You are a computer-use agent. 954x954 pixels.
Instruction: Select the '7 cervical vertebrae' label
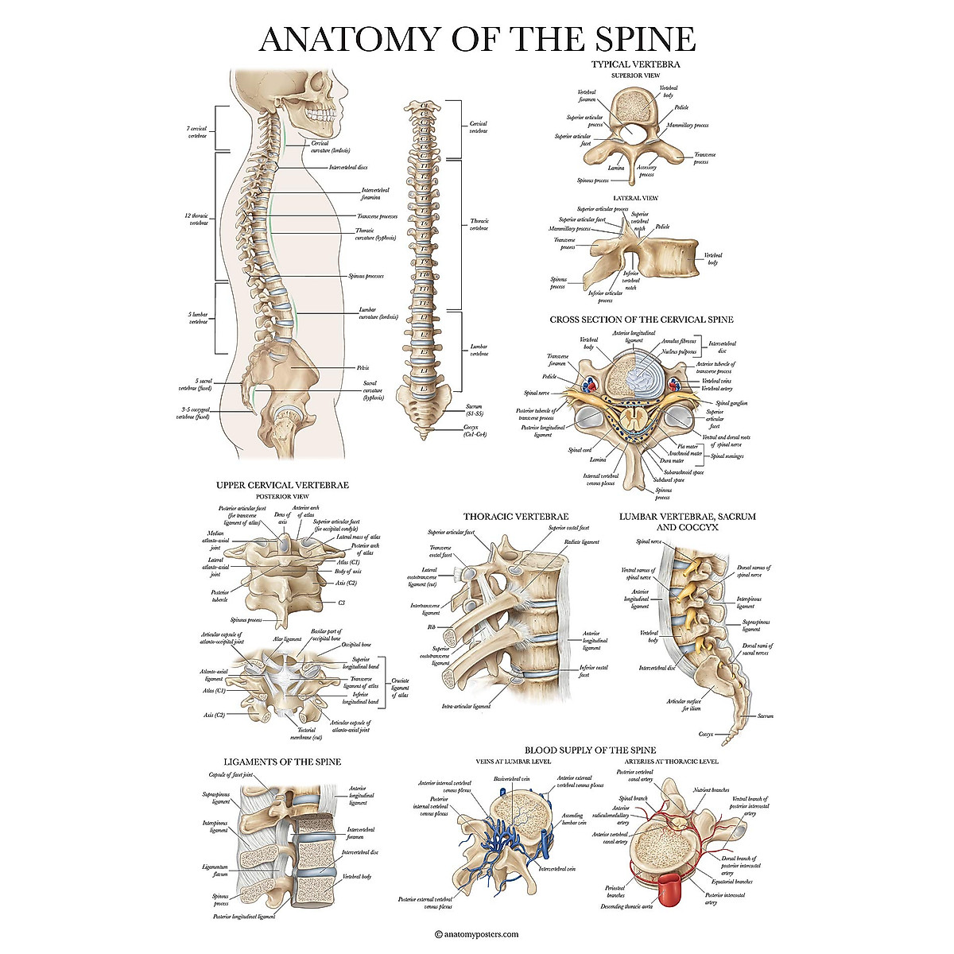pyautogui.click(x=197, y=132)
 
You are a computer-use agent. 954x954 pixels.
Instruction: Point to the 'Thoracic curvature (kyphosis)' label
pyautogui.click(x=375, y=234)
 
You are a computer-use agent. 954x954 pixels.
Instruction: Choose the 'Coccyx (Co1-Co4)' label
pyautogui.click(x=475, y=430)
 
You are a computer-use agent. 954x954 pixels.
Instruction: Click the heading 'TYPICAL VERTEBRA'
pyautogui.click(x=635, y=64)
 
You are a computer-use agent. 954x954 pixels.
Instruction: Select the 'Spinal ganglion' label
pyautogui.click(x=731, y=404)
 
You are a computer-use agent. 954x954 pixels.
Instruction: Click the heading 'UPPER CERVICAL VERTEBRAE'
pyautogui.click(x=282, y=485)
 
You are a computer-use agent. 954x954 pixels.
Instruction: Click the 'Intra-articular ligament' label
pyautogui.click(x=466, y=706)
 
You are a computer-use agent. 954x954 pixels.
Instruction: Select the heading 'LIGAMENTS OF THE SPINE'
pyautogui.click(x=282, y=762)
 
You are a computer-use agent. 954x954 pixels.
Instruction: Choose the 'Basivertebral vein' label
pyautogui.click(x=513, y=779)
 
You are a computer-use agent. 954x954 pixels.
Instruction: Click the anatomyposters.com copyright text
pyautogui.click(x=477, y=935)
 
